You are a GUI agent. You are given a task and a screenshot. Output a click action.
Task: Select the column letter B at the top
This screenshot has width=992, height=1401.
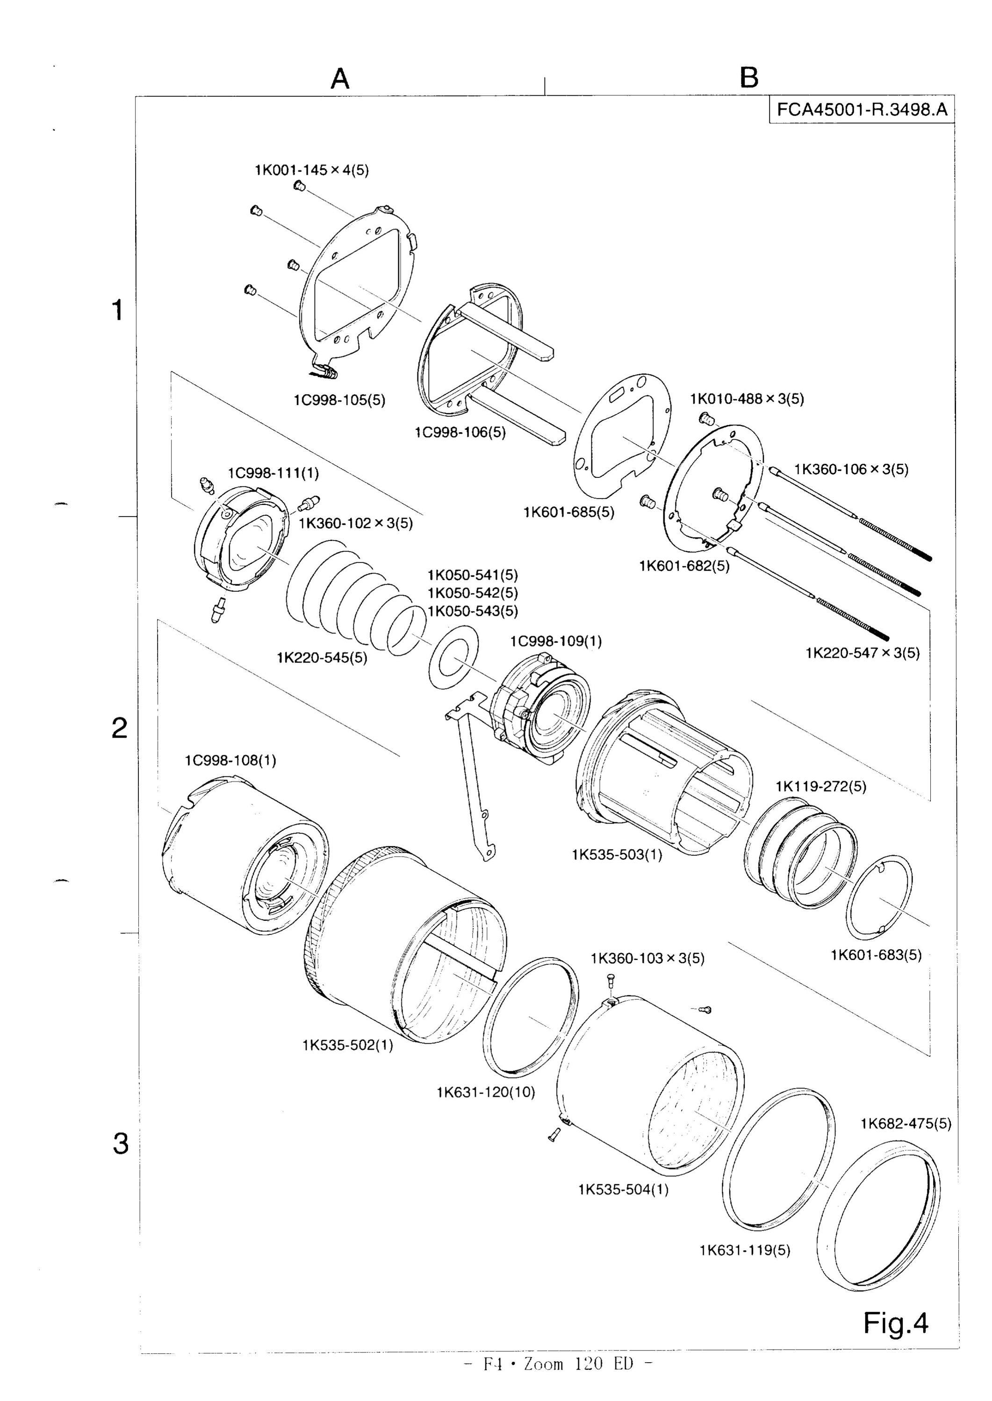[x=749, y=78]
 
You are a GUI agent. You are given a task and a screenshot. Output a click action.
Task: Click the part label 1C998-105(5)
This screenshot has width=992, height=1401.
[x=339, y=400]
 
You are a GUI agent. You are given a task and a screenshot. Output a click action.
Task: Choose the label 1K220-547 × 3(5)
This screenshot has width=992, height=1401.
[x=863, y=653]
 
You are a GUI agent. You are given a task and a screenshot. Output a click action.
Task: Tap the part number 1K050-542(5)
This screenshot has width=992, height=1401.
[x=473, y=593]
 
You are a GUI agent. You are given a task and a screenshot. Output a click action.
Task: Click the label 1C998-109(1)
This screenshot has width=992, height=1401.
[x=556, y=641]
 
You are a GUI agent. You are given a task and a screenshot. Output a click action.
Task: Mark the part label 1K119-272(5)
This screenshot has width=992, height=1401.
[x=821, y=786]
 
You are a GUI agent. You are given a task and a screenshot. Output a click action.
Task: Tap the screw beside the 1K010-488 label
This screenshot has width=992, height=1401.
[x=707, y=420]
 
